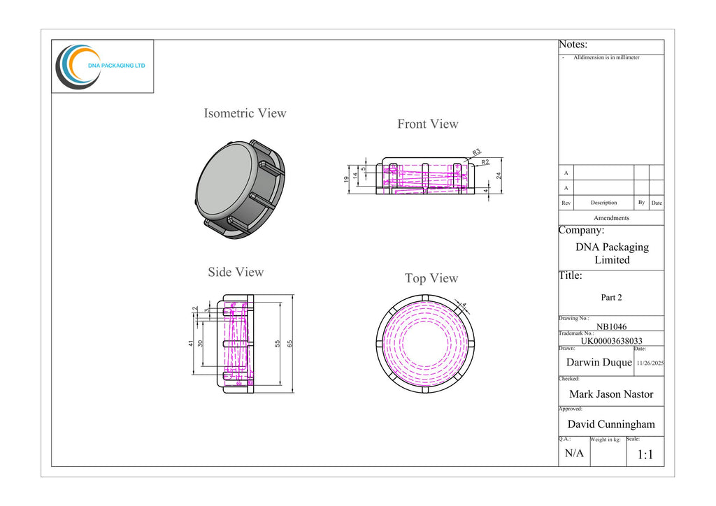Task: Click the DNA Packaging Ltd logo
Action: pos(101,66)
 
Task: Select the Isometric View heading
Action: pos(245,113)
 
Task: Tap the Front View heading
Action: pos(428,124)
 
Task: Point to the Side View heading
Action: pos(236,272)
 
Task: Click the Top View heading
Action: pos(431,278)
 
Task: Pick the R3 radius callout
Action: pos(476,152)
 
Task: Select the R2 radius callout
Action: pos(485,162)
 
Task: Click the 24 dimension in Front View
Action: pos(499,175)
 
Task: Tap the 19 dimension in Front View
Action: pos(347,180)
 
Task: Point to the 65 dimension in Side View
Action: pos(289,344)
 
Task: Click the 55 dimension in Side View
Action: pos(277,344)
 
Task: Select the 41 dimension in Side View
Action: pos(191,343)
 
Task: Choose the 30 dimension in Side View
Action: pos(200,343)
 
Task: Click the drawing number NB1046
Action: pos(611,326)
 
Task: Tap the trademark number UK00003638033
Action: pos(611,341)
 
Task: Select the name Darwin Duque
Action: pos(599,362)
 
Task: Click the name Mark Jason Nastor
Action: pos(611,394)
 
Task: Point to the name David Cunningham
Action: pos(611,424)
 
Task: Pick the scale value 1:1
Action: pos(645,454)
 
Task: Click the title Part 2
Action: pos(611,298)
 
